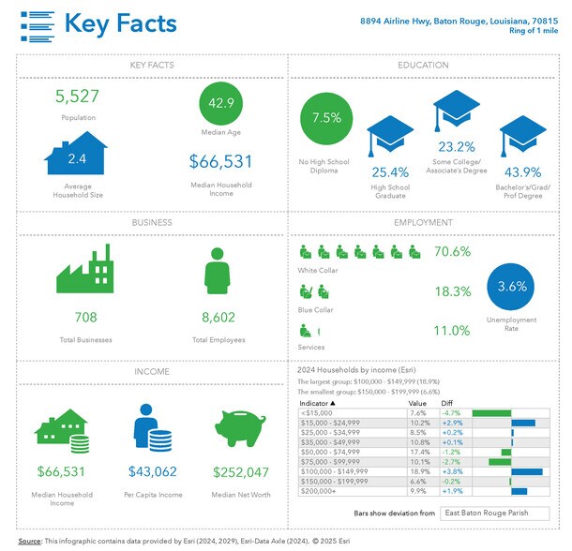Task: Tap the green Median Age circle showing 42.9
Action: pyautogui.click(x=222, y=102)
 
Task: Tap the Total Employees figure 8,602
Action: pyautogui.click(x=218, y=317)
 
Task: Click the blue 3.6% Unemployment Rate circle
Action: pyautogui.click(x=512, y=287)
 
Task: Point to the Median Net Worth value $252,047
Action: pyautogui.click(x=241, y=472)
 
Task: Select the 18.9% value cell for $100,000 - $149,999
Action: pyautogui.click(x=419, y=471)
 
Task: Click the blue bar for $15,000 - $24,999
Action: pyautogui.click(x=523, y=423)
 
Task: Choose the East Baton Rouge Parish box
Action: pyautogui.click(x=482, y=513)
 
